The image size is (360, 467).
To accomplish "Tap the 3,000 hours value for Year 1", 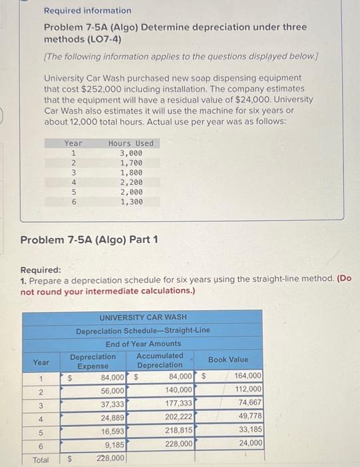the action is pyautogui.click(x=131, y=153).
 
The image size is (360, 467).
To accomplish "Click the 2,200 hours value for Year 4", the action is pyautogui.click(x=131, y=181).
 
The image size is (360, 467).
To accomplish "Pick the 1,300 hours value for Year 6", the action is pyautogui.click(x=131, y=201).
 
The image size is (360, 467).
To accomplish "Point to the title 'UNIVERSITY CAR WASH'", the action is pyautogui.click(x=143, y=317).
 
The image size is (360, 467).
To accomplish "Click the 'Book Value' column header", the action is pyautogui.click(x=228, y=360).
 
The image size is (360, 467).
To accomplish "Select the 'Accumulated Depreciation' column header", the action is pyautogui.click(x=160, y=360).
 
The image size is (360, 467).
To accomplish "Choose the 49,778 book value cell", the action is pyautogui.click(x=250, y=416).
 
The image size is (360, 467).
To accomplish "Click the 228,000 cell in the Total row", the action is pyautogui.click(x=111, y=458).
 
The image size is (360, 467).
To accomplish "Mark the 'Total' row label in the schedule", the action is pyautogui.click(x=41, y=459).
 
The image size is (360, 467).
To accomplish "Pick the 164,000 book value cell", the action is pyautogui.click(x=249, y=376).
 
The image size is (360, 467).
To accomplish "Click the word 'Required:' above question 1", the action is pyautogui.click(x=41, y=270).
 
